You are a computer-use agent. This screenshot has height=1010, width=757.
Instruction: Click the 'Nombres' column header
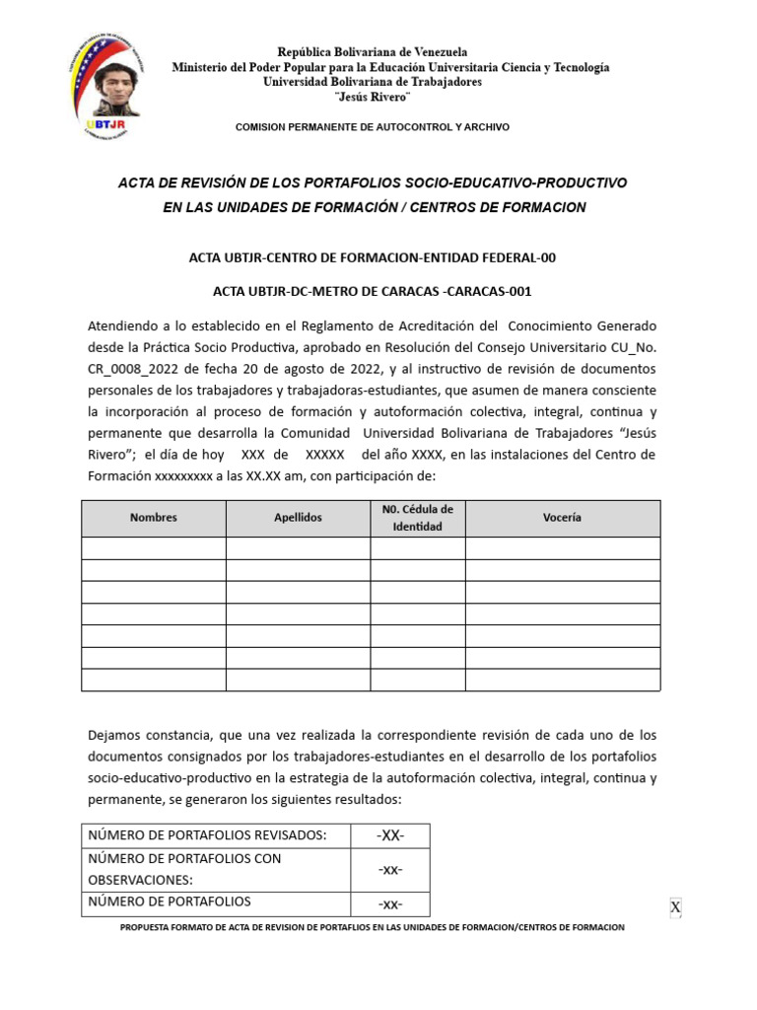click(153, 518)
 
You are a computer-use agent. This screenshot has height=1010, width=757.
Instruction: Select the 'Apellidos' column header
click(298, 518)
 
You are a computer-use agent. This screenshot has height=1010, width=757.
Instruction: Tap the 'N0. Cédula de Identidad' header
click(417, 518)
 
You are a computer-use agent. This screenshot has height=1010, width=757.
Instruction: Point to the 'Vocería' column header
click(562, 518)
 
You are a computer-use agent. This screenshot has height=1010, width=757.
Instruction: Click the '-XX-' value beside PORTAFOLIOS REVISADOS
click(389, 836)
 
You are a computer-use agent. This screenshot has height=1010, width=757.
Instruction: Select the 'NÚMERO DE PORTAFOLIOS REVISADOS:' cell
click(207, 836)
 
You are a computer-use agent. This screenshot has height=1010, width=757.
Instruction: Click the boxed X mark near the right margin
click(675, 907)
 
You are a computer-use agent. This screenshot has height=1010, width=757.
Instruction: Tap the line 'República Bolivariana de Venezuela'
click(372, 51)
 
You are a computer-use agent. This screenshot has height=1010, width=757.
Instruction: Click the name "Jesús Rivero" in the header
click(372, 98)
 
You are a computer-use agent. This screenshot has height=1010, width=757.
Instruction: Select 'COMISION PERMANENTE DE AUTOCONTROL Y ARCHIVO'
click(372, 128)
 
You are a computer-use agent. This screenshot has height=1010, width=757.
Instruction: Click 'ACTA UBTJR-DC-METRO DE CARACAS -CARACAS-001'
click(372, 291)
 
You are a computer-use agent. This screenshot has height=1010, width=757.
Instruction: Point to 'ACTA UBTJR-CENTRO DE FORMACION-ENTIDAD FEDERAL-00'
click(372, 257)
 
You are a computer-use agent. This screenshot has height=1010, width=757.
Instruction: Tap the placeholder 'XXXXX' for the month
click(324, 455)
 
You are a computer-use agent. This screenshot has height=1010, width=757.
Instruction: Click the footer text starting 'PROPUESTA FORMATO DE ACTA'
click(372, 928)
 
